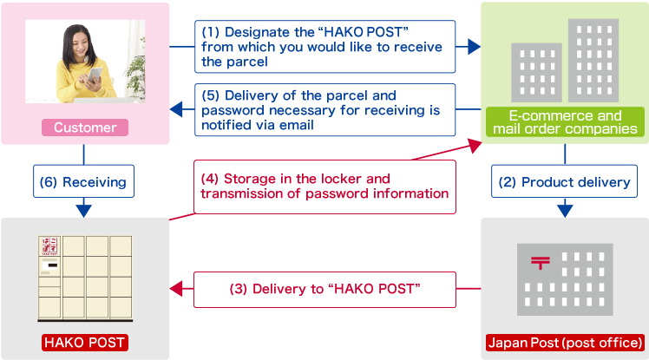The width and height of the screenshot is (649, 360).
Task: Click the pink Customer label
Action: [x=85, y=128]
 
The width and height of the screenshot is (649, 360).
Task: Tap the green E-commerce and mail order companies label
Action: [x=565, y=122]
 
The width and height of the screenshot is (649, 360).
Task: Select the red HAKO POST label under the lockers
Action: [x=85, y=343]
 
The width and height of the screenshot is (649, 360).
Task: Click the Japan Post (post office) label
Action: [x=565, y=343]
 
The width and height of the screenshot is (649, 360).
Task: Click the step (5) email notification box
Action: [x=324, y=110]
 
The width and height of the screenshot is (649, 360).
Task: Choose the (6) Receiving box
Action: [x=83, y=182]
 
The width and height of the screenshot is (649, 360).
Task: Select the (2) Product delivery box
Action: [x=565, y=182]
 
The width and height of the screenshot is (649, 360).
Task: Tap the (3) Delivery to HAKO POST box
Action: [x=324, y=289]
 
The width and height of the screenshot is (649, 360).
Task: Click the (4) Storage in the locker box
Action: [x=324, y=186]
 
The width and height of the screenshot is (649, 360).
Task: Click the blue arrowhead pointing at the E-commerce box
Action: [x=474, y=47]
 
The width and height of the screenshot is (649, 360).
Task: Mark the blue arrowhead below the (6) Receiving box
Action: [x=83, y=209]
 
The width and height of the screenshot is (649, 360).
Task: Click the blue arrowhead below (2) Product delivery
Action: [x=565, y=209]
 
